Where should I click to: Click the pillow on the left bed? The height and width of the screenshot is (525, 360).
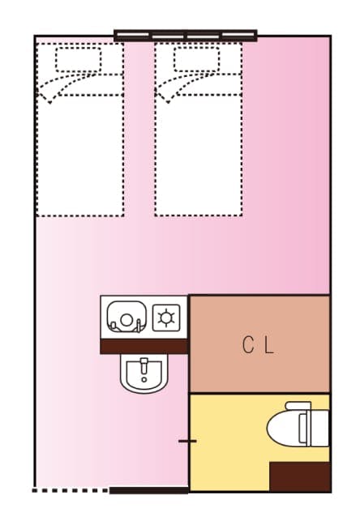coord(79,59)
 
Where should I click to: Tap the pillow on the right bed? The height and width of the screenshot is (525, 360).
coord(197,59)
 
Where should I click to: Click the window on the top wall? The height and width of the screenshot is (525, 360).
coord(185,36)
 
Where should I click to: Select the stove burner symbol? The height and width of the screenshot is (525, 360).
coord(167,317)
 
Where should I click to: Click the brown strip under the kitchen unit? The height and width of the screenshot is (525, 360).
coord(144,346)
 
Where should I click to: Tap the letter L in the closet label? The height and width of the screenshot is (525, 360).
coord(269,345)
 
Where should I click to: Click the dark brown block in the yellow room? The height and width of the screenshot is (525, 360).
coord(299,476)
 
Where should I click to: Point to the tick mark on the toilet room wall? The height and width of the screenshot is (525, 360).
coord(187,441)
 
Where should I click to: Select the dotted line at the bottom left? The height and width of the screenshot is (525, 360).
coord(70,489)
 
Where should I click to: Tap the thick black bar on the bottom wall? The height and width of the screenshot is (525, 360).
coord(148,489)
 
